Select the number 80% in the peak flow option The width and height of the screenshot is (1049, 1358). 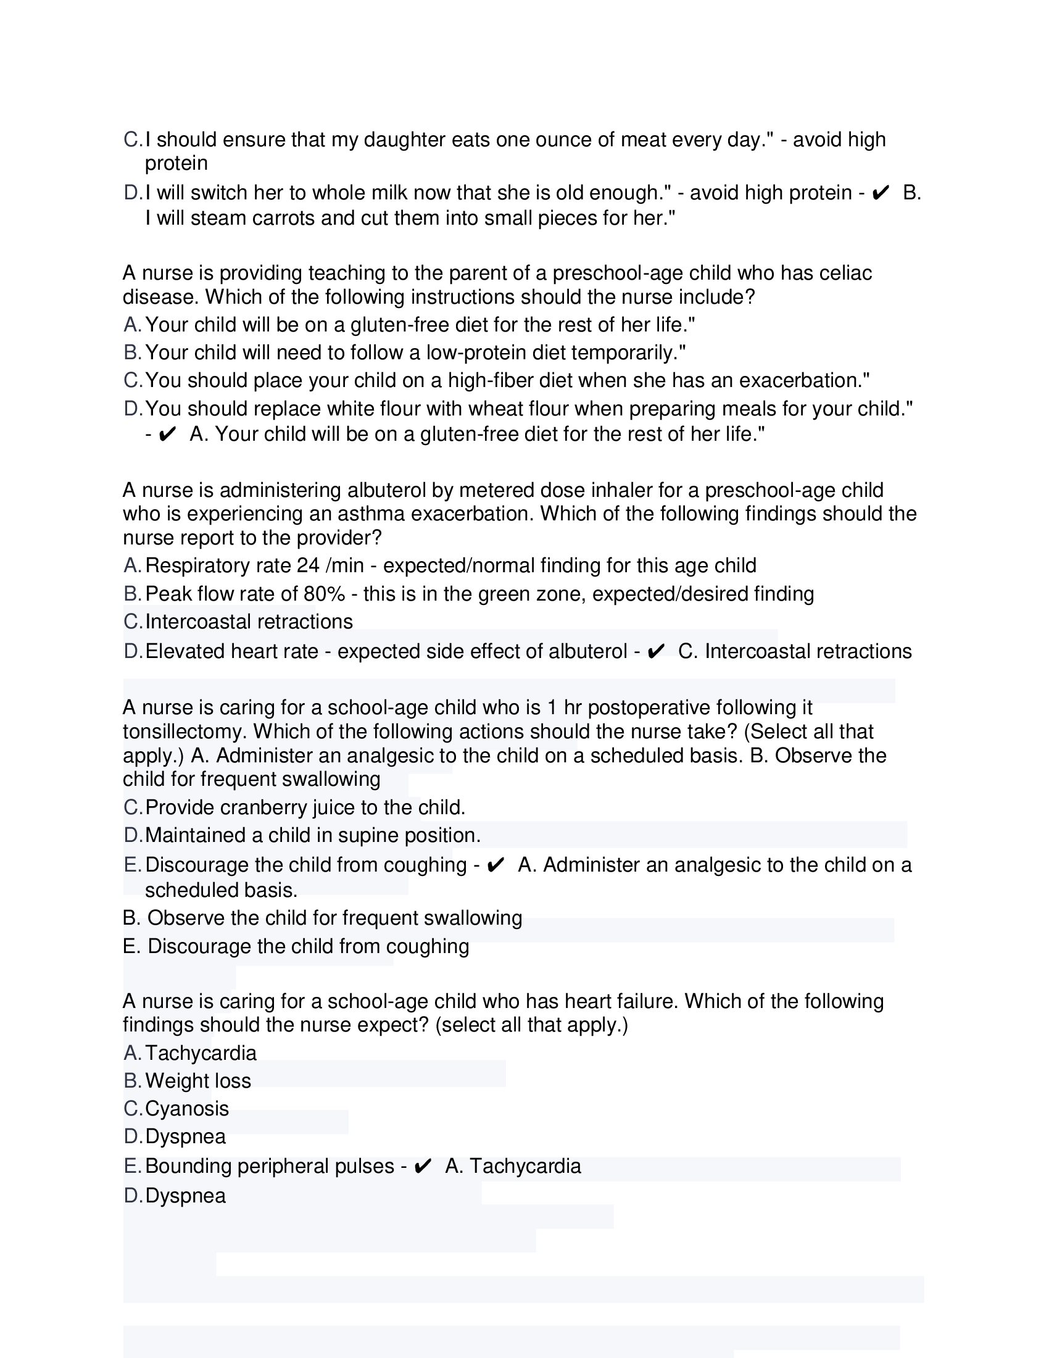[x=325, y=594]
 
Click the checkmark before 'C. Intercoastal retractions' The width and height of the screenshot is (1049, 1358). [x=655, y=651]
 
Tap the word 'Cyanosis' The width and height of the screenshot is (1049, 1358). [x=187, y=1109]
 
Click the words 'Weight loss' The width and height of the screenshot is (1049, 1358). [x=198, y=1081]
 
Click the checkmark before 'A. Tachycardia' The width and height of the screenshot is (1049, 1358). [x=423, y=1166]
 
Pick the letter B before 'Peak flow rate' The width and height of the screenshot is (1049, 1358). [x=133, y=594]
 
